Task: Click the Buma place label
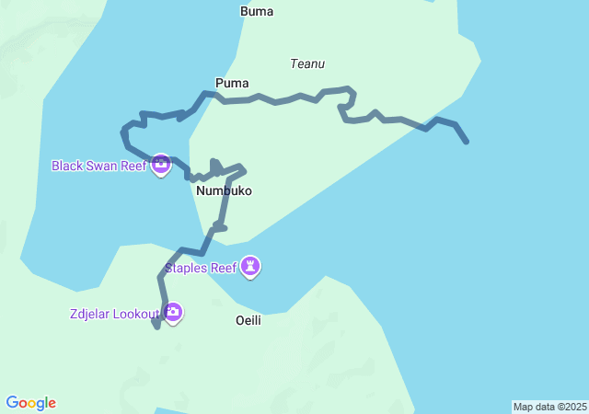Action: (x=257, y=12)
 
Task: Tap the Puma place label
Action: (x=232, y=84)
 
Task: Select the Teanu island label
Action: (x=307, y=64)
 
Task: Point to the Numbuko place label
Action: (x=224, y=191)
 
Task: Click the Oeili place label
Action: (x=248, y=320)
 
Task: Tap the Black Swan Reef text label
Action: (x=98, y=167)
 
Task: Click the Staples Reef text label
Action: (x=201, y=269)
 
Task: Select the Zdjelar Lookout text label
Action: (x=115, y=314)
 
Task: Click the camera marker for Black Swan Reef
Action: (x=161, y=165)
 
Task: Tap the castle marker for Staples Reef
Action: (x=250, y=267)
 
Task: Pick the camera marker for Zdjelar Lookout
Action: (x=173, y=313)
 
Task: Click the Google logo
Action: (x=31, y=403)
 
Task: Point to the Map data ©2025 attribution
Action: (x=549, y=407)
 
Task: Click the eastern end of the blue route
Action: (x=467, y=142)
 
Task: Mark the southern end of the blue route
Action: (x=157, y=327)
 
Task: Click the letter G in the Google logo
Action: (x=12, y=403)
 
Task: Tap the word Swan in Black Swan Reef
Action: (x=103, y=167)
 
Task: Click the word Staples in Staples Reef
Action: (x=187, y=269)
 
